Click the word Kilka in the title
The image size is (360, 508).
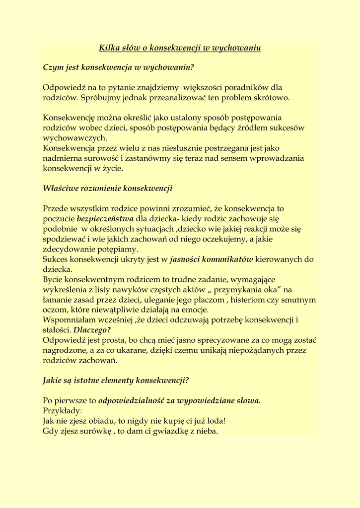[x=109, y=48]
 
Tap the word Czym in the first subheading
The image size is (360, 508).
[x=53, y=67]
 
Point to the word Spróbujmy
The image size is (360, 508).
[x=99, y=98]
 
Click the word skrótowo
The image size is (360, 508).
[x=273, y=98]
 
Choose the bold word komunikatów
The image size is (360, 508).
[x=227, y=259]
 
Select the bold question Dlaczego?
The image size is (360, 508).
[x=92, y=330]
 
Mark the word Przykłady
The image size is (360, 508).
[x=63, y=411]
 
